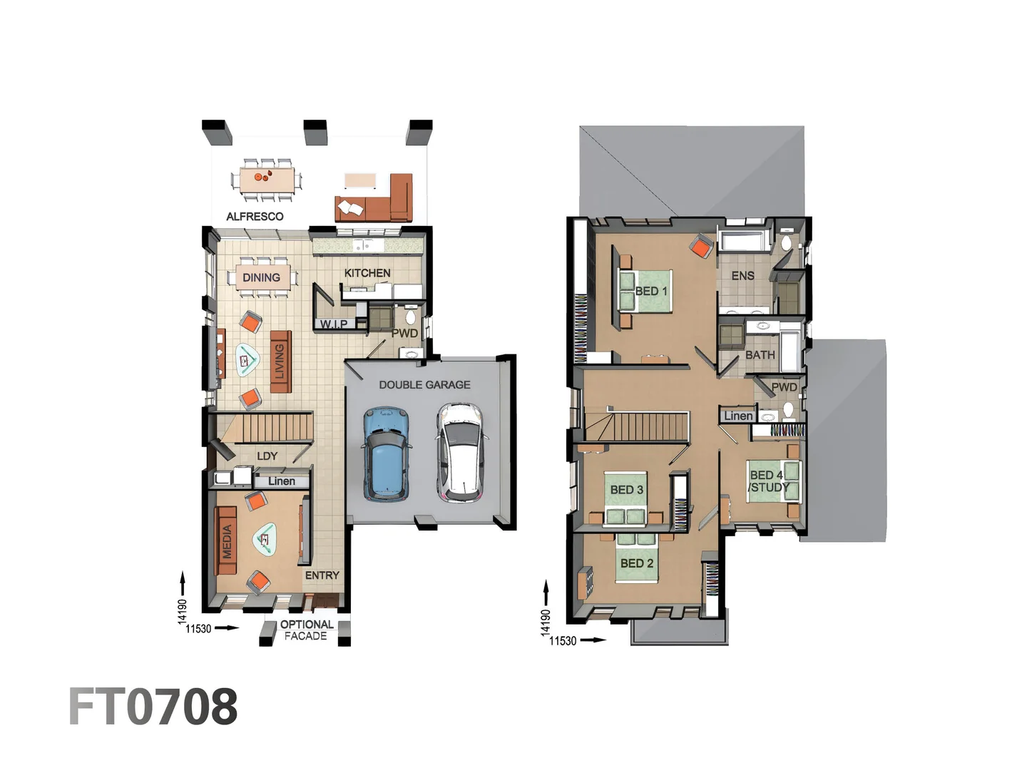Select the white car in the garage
pyautogui.click(x=462, y=453)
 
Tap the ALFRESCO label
pyautogui.click(x=255, y=217)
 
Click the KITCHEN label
pyautogui.click(x=367, y=273)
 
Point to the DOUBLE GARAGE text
pyautogui.click(x=424, y=385)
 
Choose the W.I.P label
pyautogui.click(x=334, y=324)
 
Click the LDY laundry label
pyautogui.click(x=267, y=456)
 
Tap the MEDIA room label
pyautogui.click(x=227, y=541)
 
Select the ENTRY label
pyautogui.click(x=322, y=575)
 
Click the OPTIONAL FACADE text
pyautogui.click(x=306, y=630)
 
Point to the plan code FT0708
pyautogui.click(x=153, y=707)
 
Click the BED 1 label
pyautogui.click(x=651, y=291)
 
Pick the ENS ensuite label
pyautogui.click(x=742, y=276)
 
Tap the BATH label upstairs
pyautogui.click(x=760, y=355)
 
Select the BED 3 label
pyautogui.click(x=626, y=490)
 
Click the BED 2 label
pyautogui.click(x=636, y=563)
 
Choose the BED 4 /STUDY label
pyautogui.click(x=767, y=481)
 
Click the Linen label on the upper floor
pyautogui.click(x=738, y=416)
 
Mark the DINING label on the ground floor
pyautogui.click(x=261, y=277)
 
